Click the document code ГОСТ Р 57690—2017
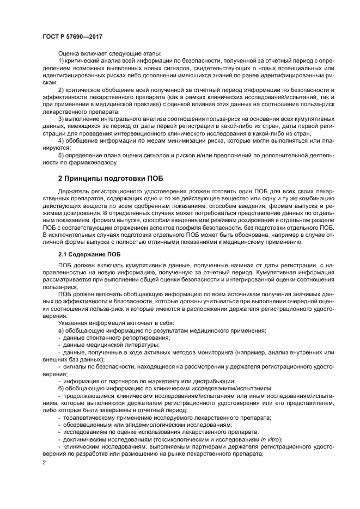coord(72,36)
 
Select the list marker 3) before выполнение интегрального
coord(61,118)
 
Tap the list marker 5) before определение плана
coord(61,155)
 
